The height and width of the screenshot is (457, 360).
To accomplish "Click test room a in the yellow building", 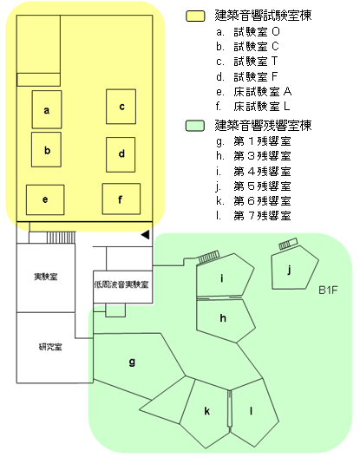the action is (x=47, y=109).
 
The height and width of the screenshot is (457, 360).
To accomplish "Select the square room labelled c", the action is (x=121, y=107).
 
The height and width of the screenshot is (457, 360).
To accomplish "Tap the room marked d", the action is (x=121, y=154).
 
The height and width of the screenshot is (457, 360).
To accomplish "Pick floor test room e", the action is (x=45, y=199).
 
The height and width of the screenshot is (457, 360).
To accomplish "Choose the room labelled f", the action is (x=121, y=199).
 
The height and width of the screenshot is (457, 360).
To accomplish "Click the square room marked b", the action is (x=46, y=149).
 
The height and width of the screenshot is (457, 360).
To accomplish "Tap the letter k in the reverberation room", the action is (x=206, y=411).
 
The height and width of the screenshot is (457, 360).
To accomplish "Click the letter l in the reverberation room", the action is (x=251, y=411).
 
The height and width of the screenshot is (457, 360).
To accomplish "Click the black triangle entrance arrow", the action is (x=146, y=235).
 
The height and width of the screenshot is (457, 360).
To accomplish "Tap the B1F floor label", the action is (x=328, y=290).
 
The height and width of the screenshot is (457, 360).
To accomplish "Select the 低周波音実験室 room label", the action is (x=121, y=284).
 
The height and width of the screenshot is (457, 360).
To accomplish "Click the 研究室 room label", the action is (x=50, y=347).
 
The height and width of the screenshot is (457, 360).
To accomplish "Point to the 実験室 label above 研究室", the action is (x=46, y=277).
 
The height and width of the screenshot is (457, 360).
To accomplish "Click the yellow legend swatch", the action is (x=195, y=16).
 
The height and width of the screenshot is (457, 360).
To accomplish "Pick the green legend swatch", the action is (x=194, y=126).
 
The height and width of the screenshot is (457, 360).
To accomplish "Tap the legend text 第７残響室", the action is (x=262, y=216).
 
